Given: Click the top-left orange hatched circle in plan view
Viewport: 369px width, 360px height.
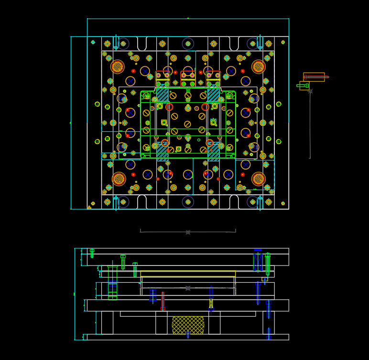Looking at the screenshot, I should (118, 67).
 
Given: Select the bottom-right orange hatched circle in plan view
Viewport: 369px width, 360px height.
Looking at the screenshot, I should (259, 179).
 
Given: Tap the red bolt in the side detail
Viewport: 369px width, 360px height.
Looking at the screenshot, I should (315, 76).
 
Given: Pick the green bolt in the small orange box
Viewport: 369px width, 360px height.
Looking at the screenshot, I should (303, 86).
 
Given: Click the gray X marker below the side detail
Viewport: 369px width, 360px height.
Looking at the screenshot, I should (310, 91).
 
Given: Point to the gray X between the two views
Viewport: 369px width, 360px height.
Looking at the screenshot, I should (188, 233).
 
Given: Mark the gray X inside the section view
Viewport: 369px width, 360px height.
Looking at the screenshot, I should (188, 288).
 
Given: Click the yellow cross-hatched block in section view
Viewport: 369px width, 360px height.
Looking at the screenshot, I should (188, 325).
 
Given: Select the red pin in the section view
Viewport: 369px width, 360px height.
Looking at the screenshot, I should (163, 301).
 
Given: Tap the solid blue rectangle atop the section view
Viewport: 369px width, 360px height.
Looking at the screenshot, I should (258, 250).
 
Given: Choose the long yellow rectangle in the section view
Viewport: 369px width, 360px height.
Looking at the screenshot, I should (188, 274).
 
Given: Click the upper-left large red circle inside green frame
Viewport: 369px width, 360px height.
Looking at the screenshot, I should (169, 107).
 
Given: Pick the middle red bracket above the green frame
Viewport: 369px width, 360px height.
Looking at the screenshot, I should (188, 76).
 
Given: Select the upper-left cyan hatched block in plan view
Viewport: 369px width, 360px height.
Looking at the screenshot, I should (162, 95).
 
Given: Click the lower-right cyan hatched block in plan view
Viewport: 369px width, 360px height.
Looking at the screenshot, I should (214, 151).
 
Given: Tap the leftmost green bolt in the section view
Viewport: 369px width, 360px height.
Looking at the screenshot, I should (92, 253).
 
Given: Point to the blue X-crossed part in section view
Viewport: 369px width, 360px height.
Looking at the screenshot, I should (258, 262).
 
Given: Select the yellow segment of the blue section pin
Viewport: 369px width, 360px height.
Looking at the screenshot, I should (211, 303).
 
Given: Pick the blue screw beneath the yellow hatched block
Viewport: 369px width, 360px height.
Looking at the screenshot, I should (188, 335).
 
